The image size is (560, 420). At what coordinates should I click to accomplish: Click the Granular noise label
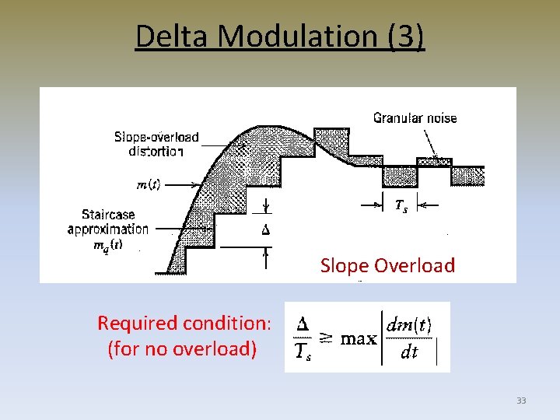click(x=415, y=118)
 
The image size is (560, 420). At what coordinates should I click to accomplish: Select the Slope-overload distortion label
click(x=156, y=144)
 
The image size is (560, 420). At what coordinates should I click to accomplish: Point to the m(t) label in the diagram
click(x=149, y=184)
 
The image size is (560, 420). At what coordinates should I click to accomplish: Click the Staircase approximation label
click(x=108, y=221)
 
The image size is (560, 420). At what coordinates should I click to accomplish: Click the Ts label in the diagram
click(x=400, y=205)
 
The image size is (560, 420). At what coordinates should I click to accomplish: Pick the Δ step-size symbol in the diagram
click(x=266, y=229)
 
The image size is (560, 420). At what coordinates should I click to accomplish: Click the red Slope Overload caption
click(x=387, y=265)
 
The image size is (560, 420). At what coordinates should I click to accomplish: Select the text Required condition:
click(x=184, y=323)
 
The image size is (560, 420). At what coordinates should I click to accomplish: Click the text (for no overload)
click(x=182, y=348)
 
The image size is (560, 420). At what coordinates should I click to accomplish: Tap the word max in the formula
click(x=359, y=338)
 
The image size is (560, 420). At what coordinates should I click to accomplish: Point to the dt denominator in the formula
click(x=408, y=352)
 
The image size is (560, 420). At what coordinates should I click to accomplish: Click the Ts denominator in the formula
click(x=304, y=353)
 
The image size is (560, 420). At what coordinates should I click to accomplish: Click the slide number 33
click(x=521, y=401)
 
